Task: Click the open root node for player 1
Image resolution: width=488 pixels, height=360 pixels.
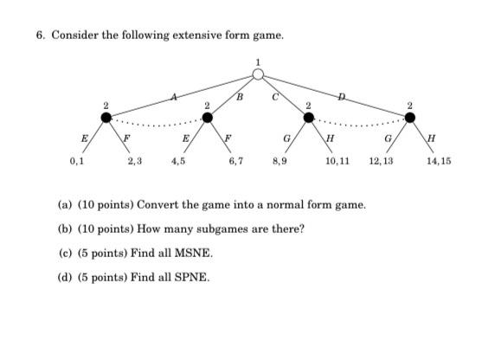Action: (x=258, y=74)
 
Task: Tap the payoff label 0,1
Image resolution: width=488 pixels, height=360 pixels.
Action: (x=77, y=161)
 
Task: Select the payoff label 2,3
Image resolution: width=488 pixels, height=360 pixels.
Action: (x=135, y=161)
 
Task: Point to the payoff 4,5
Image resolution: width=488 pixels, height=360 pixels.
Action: (x=178, y=161)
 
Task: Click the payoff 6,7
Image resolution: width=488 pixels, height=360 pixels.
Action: (x=236, y=161)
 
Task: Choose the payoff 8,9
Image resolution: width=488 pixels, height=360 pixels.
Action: (x=279, y=161)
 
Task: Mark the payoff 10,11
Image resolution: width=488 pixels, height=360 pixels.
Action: (x=337, y=161)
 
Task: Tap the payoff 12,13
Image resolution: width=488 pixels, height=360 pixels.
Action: (x=381, y=161)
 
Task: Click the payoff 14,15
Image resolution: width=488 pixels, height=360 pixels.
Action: (x=439, y=161)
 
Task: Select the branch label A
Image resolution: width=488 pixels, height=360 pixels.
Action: (x=174, y=97)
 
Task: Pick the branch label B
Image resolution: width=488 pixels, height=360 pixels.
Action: (x=241, y=97)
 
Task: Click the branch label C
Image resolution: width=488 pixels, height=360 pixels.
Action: (x=275, y=97)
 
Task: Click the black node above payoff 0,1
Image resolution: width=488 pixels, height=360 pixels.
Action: (x=106, y=118)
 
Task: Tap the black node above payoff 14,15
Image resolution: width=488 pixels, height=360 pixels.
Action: (x=409, y=118)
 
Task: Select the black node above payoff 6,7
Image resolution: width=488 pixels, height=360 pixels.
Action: (x=207, y=118)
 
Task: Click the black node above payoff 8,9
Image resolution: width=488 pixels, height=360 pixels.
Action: (x=308, y=118)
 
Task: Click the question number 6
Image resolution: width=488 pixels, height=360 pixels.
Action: (x=40, y=35)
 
